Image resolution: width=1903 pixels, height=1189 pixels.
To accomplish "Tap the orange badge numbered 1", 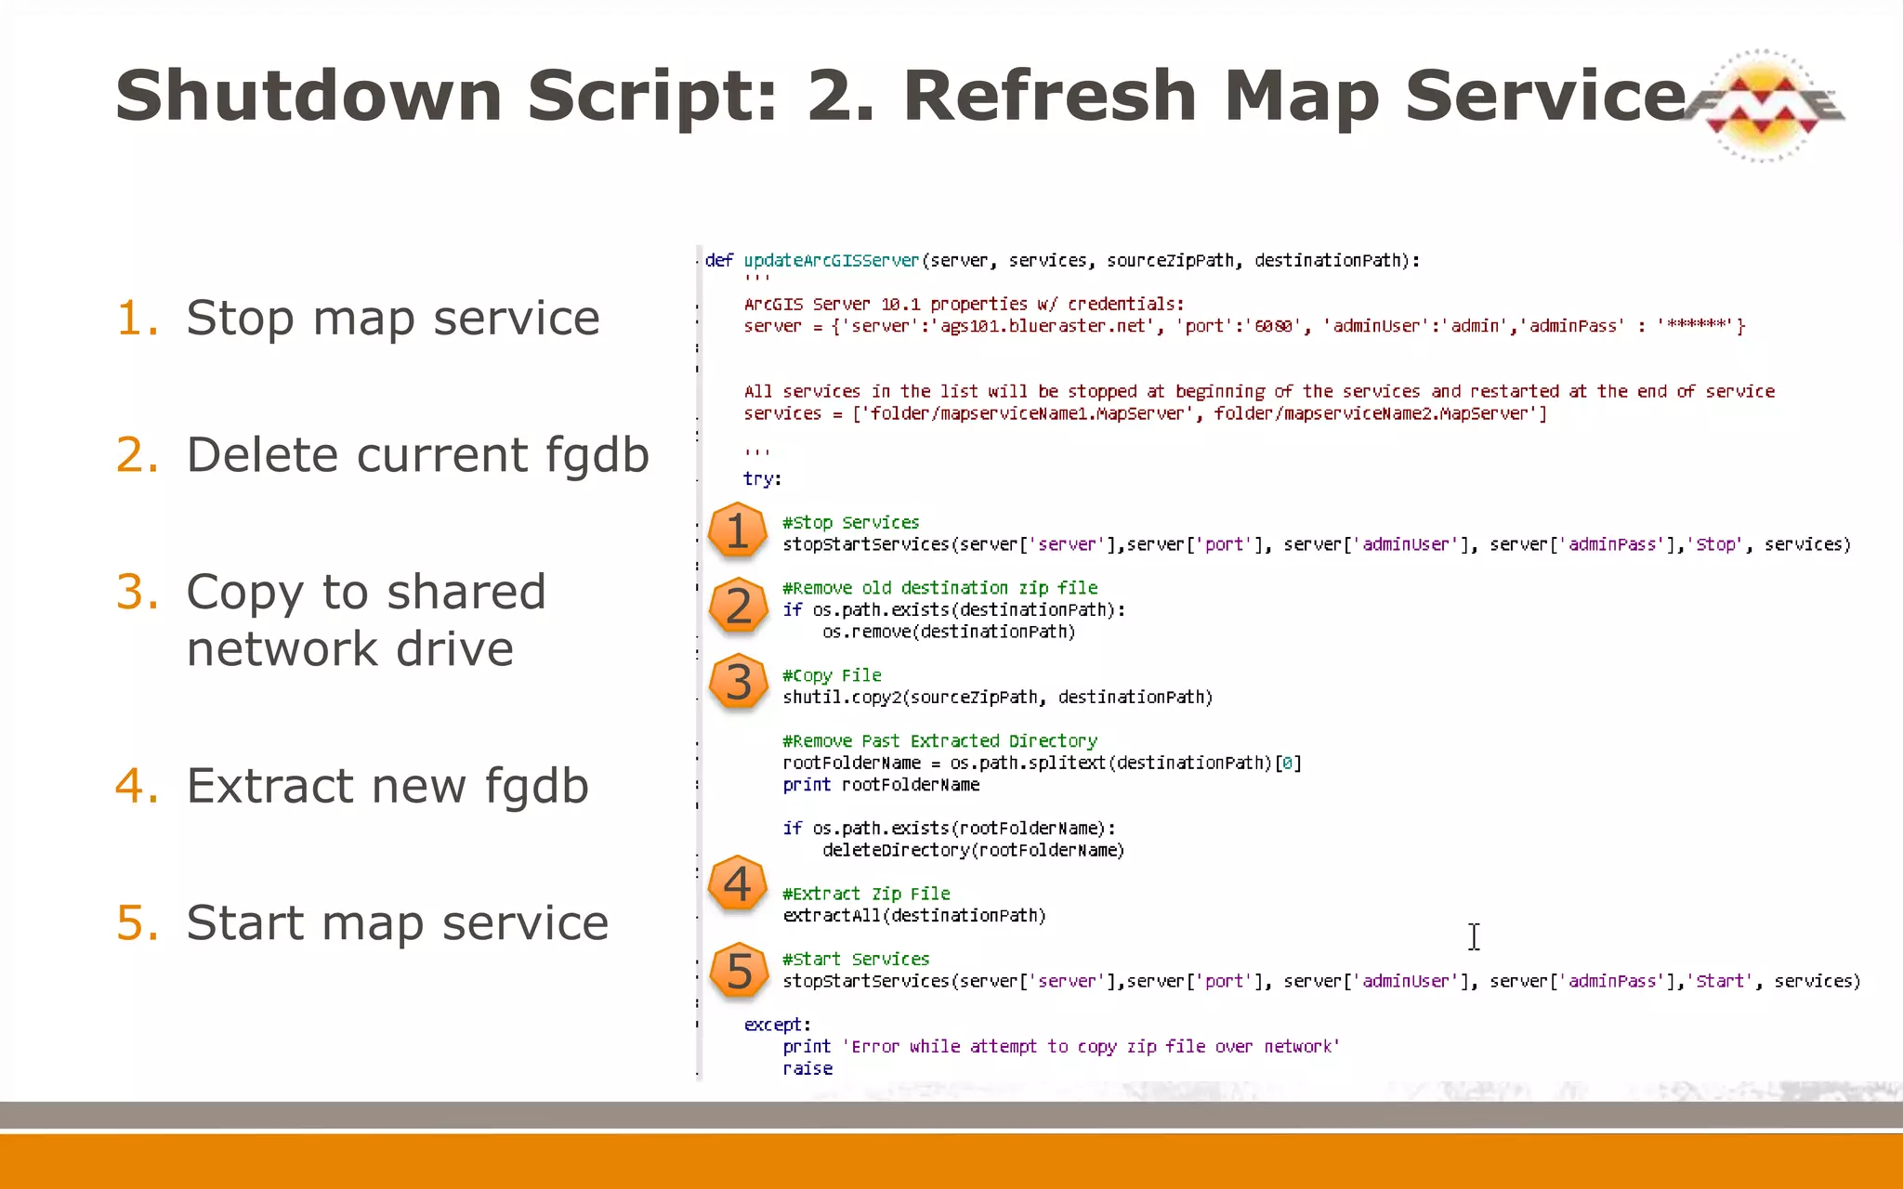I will (737, 531).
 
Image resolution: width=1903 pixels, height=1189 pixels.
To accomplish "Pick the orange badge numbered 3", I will (737, 682).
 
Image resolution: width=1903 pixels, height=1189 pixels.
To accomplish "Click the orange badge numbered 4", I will (737, 883).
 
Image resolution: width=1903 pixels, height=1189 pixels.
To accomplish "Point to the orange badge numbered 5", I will (737, 971).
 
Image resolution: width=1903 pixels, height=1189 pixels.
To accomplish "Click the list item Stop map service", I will (392, 318).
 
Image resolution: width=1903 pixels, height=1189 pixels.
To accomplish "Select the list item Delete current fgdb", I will (416, 454).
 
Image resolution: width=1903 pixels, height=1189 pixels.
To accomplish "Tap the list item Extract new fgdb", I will (387, 785).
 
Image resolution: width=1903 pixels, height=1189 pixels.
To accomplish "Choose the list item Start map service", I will (397, 922).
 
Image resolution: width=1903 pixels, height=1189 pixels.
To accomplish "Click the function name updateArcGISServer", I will (831, 261).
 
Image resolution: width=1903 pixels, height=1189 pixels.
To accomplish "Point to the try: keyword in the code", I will (762, 479).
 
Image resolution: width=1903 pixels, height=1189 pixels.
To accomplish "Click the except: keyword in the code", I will (777, 1025).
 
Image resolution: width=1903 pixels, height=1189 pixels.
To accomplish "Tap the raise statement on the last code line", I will (807, 1068).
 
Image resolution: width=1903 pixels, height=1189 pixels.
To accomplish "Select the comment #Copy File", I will (832, 675).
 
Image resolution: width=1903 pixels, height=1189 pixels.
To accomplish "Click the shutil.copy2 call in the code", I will (841, 698).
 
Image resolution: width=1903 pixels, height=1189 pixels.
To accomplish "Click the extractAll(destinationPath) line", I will (913, 916).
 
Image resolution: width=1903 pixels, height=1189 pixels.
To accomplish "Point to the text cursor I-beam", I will (1474, 936).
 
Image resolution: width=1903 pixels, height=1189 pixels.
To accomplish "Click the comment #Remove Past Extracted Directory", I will (939, 741).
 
